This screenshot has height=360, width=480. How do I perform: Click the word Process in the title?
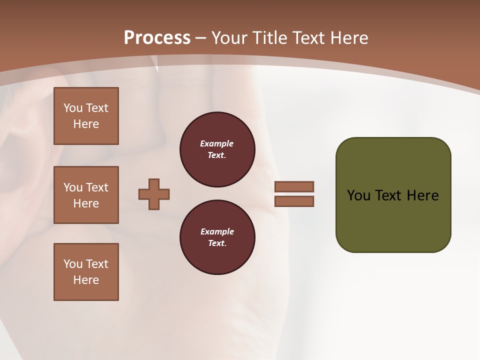click(x=157, y=38)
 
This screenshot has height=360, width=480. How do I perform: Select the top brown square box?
click(x=86, y=116)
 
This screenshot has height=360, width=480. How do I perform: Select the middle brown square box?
click(x=86, y=195)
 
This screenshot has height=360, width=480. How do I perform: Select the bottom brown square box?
click(x=86, y=272)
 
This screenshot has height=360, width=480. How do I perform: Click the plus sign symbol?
click(x=154, y=194)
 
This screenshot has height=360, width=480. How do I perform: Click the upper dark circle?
click(x=217, y=149)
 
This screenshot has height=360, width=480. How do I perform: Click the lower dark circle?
click(x=217, y=237)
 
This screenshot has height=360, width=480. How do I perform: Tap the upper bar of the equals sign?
click(x=294, y=186)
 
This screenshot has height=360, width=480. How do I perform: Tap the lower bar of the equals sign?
click(x=294, y=201)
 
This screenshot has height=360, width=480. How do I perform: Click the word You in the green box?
click(x=358, y=195)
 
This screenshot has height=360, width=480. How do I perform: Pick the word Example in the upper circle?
click(x=216, y=143)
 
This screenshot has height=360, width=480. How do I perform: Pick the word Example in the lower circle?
click(x=217, y=231)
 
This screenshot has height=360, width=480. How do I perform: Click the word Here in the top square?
click(x=86, y=124)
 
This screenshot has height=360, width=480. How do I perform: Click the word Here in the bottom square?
click(x=86, y=280)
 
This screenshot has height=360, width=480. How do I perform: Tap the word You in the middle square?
click(x=72, y=187)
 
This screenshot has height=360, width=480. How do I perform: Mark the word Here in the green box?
click(x=422, y=195)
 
